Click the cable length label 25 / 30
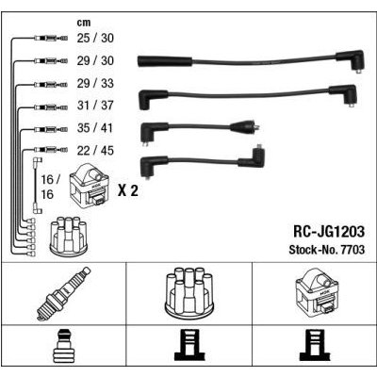coord(95,38)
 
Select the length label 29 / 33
coord(95,83)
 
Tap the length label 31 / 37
coord(95,106)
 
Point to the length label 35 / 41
coord(95,128)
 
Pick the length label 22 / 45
coord(95,151)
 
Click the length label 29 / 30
coord(95,60)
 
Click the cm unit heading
coord(84,23)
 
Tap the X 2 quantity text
coord(128,190)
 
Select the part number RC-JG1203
coord(329,232)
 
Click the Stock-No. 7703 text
coord(327,250)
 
